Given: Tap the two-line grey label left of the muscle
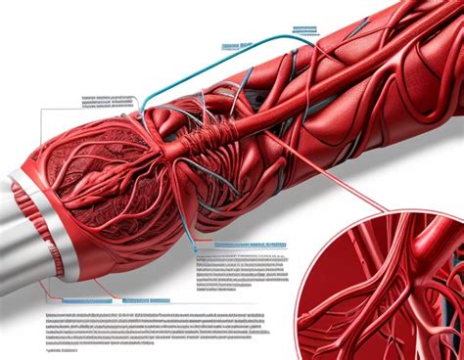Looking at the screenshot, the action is coord(108,101).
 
